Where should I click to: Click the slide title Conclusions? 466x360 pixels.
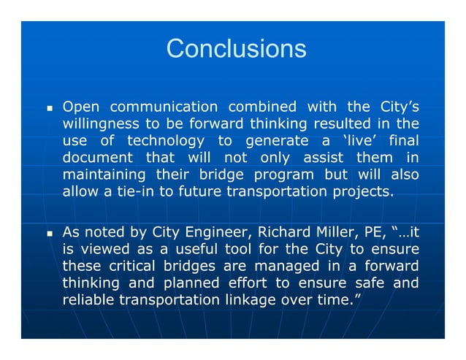click(x=235, y=48)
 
